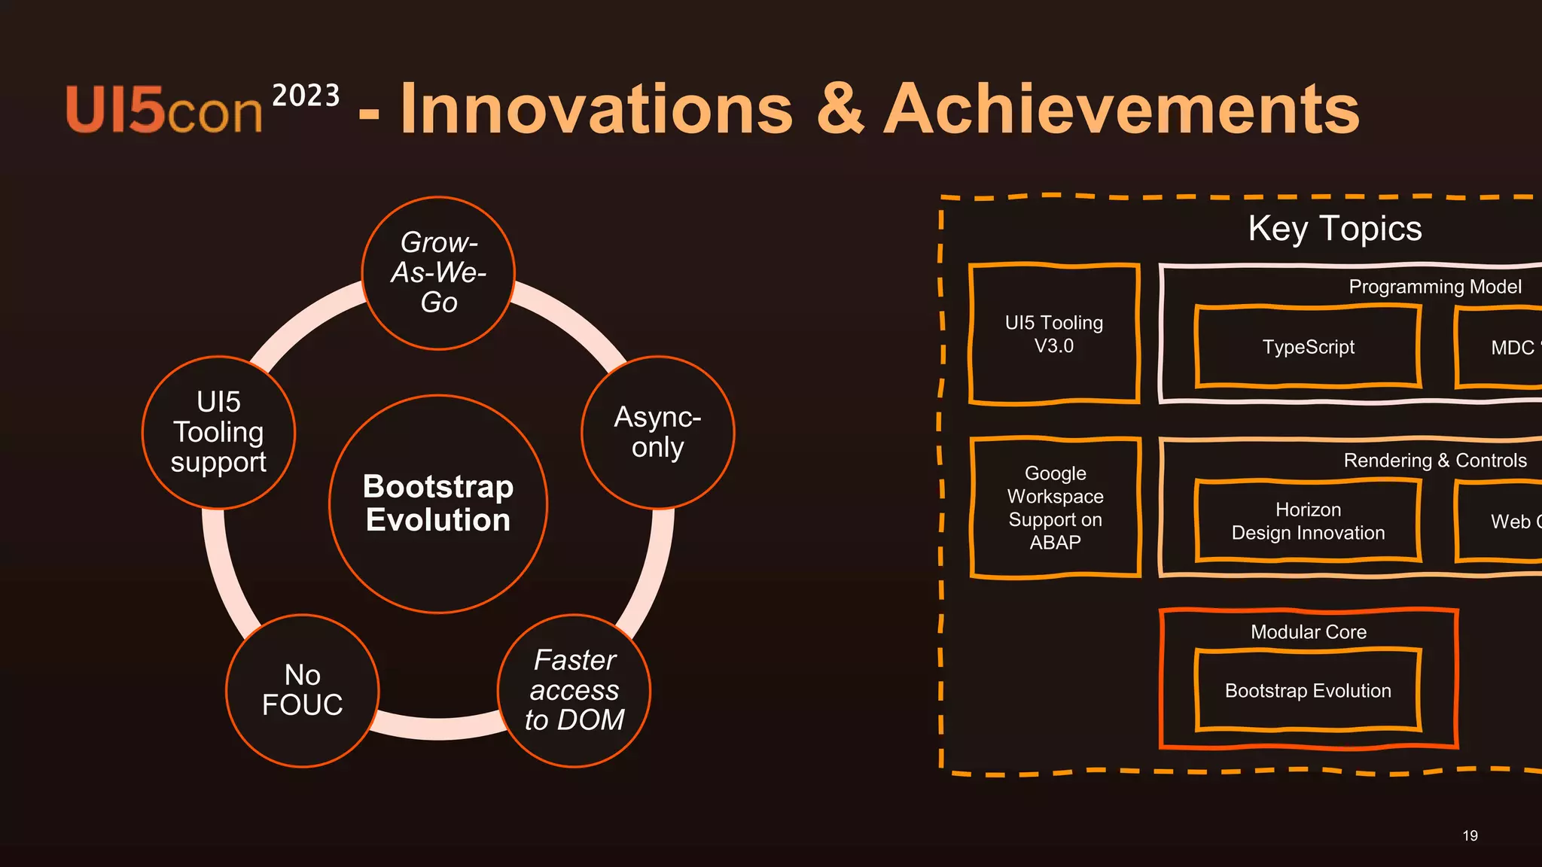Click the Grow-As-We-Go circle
click(x=438, y=272)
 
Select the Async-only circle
click(x=657, y=432)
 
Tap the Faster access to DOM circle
click(x=574, y=690)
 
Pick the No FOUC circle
click(x=302, y=690)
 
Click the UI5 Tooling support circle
click(x=218, y=432)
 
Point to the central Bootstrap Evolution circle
click(x=438, y=503)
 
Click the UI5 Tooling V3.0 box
click(x=1053, y=334)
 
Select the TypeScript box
click(x=1308, y=347)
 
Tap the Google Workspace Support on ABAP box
click(x=1055, y=507)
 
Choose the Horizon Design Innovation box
click(x=1308, y=521)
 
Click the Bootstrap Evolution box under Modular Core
click(x=1308, y=690)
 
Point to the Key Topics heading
click(x=1334, y=228)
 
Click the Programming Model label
click(x=1434, y=287)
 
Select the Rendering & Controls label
click(x=1434, y=461)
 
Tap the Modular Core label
click(x=1308, y=632)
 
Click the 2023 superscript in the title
click(x=306, y=96)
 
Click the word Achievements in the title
click(x=1122, y=110)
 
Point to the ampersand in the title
click(x=840, y=110)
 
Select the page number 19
click(x=1470, y=835)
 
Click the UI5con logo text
click(x=164, y=111)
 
